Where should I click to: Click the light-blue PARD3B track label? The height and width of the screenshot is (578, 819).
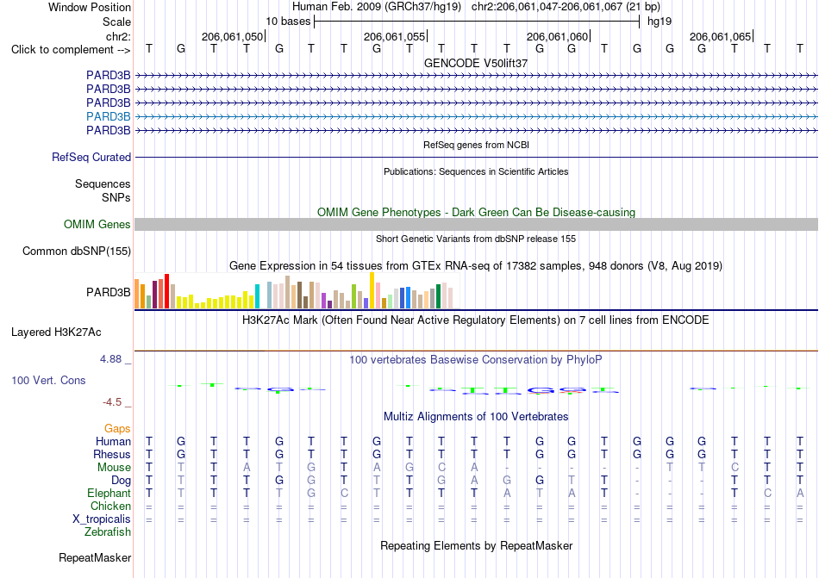[108, 116]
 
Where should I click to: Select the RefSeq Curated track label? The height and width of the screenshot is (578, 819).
[91, 157]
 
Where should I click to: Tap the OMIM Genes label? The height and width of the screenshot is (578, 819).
[97, 224]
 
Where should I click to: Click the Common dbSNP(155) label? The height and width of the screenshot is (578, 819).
[77, 251]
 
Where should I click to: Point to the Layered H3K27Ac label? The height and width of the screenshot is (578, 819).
[56, 333]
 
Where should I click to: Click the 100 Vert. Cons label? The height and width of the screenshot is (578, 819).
[48, 380]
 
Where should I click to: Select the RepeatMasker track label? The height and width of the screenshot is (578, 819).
[95, 557]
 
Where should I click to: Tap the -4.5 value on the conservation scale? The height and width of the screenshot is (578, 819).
[112, 401]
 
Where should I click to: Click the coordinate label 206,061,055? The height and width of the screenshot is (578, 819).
[394, 36]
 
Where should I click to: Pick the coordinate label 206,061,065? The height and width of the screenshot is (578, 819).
[720, 36]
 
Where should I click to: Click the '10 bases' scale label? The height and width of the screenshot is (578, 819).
[288, 22]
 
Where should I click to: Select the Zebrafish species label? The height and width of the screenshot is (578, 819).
[108, 532]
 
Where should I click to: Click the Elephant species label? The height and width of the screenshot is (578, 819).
[109, 493]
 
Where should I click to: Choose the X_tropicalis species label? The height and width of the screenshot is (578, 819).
[102, 519]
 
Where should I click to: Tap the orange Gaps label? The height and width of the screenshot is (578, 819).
[117, 428]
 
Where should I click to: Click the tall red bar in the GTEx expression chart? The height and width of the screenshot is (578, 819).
[166, 291]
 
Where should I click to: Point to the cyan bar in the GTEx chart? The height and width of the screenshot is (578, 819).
[257, 296]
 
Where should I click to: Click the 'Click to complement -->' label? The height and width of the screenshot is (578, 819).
[71, 50]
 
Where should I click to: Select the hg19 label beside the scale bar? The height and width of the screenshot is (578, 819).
[660, 22]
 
